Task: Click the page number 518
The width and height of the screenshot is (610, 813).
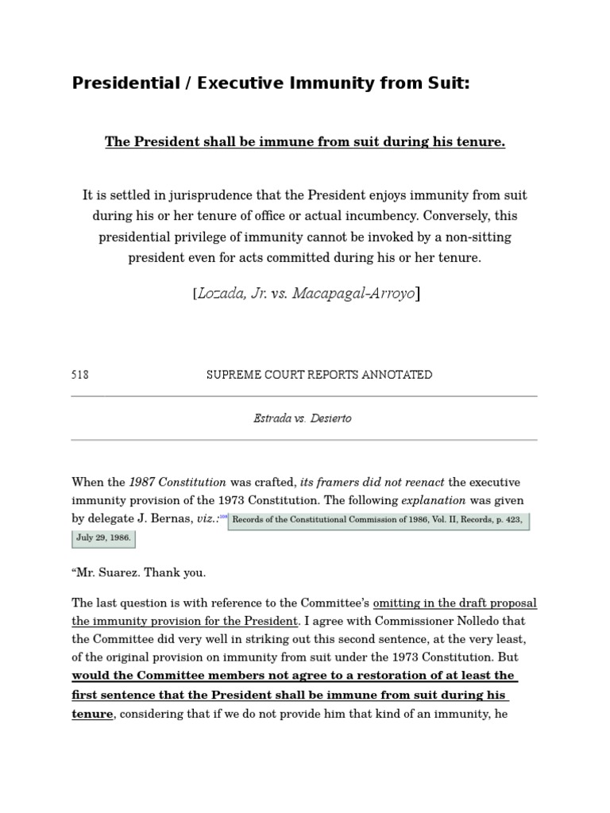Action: (80, 375)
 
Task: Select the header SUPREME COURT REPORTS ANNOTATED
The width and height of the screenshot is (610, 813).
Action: (319, 375)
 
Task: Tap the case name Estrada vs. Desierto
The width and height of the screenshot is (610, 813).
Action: (303, 418)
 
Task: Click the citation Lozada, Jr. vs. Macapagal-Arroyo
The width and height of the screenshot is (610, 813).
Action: (306, 294)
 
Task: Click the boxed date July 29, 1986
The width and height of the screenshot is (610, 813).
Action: (103, 538)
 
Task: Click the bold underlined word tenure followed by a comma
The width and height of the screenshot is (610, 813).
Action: (93, 714)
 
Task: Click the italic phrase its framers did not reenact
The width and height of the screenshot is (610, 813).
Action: (373, 482)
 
